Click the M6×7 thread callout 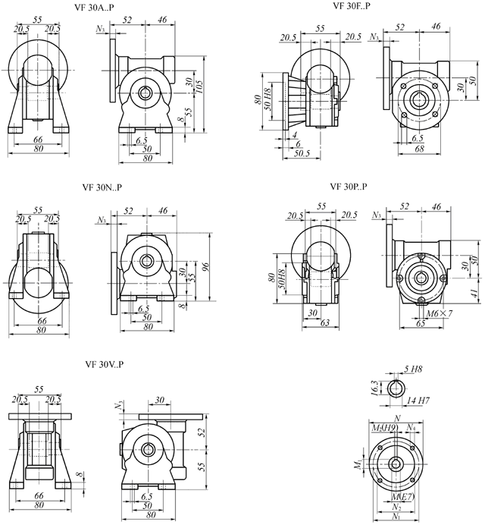(438, 313)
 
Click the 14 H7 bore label (422, 399)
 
